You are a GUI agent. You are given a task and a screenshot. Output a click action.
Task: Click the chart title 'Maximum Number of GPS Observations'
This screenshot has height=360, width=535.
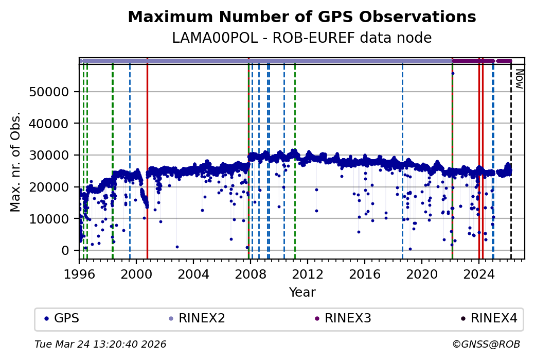click(302, 17)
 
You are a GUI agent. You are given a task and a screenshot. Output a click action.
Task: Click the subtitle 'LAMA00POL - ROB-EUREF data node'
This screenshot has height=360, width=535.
click(302, 38)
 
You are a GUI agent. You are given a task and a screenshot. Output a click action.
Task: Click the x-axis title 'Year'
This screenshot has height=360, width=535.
click(302, 293)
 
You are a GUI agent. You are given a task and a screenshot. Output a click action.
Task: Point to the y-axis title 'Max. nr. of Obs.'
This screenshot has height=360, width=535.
click(15, 162)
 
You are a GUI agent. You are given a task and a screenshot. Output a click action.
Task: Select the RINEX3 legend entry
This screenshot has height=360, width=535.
click(348, 318)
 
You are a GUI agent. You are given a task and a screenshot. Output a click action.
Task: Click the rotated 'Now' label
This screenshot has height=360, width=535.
click(519, 80)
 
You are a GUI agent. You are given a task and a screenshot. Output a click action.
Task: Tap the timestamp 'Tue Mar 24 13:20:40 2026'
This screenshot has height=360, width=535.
click(100, 344)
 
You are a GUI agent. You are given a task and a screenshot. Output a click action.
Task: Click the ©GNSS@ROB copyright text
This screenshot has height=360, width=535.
click(486, 344)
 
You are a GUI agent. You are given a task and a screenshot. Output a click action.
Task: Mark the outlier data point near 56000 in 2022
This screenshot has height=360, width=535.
click(453, 73)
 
